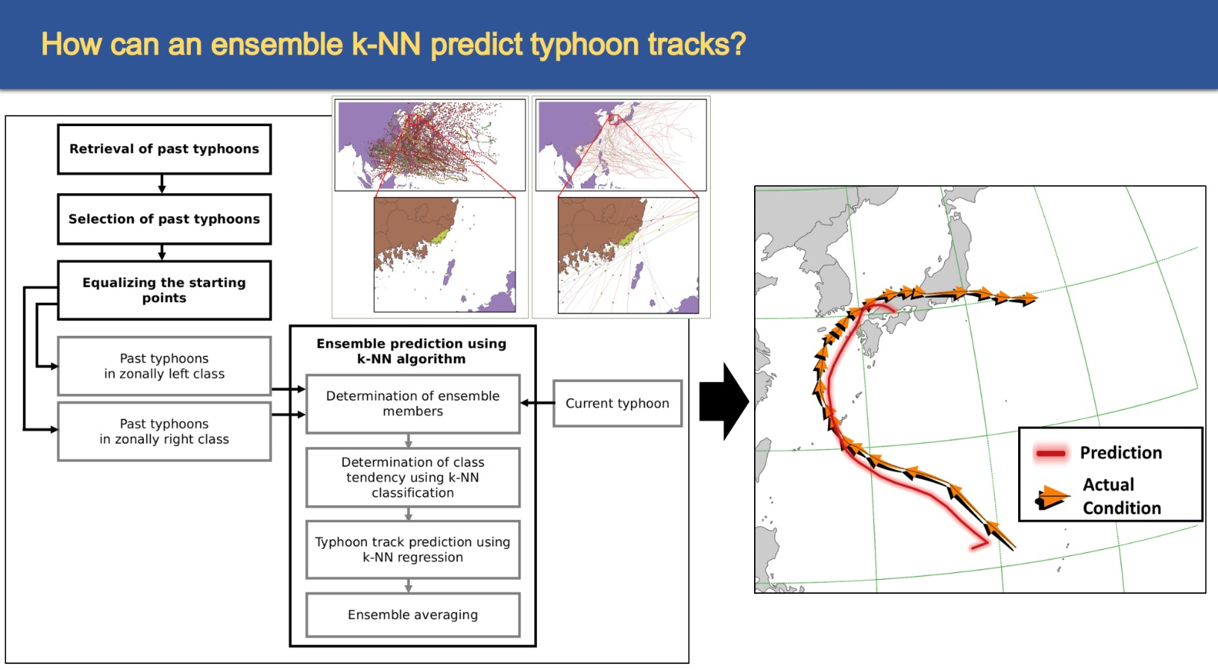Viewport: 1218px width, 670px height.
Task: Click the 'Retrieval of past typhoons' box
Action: click(x=164, y=149)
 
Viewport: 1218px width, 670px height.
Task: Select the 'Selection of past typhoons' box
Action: click(x=164, y=219)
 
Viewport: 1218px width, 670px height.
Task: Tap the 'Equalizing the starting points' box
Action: click(x=164, y=290)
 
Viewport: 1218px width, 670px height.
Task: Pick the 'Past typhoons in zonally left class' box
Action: click(x=164, y=366)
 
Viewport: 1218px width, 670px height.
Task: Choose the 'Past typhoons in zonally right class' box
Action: click(x=164, y=432)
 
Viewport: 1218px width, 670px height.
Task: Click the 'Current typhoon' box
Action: click(x=617, y=404)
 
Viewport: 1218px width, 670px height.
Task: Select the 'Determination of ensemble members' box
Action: click(x=412, y=404)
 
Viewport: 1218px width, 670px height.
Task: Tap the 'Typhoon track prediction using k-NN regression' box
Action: click(x=412, y=550)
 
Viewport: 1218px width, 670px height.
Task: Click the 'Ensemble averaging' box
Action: click(x=412, y=615)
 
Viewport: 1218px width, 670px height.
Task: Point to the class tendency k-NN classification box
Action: click(x=412, y=478)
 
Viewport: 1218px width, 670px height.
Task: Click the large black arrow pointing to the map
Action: click(x=723, y=401)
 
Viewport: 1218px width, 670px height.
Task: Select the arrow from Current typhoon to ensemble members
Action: click(x=537, y=403)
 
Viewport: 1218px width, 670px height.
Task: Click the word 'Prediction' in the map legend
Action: click(x=1120, y=453)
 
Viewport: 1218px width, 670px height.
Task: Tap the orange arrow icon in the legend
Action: click(x=1052, y=497)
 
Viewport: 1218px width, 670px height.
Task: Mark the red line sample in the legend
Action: click(x=1050, y=454)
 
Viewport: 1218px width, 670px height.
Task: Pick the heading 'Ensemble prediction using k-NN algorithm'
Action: click(x=412, y=351)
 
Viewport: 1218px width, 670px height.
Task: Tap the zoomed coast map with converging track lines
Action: click(x=628, y=255)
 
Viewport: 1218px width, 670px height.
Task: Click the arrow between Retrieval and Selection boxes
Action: click(x=162, y=184)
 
